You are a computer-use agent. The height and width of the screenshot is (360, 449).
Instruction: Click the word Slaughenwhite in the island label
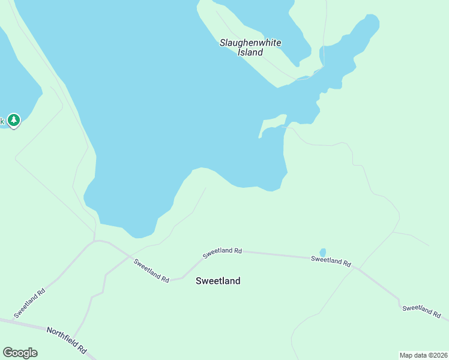[x=250, y=43]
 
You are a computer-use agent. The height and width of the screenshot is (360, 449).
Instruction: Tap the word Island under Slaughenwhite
[x=250, y=52]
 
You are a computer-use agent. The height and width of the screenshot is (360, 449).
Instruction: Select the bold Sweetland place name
[x=218, y=281]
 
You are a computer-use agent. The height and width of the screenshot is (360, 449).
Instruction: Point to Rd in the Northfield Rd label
[x=82, y=347]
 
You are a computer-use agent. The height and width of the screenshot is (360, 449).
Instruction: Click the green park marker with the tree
[x=14, y=120]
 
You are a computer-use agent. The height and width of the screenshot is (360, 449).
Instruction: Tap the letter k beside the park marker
[x=2, y=121]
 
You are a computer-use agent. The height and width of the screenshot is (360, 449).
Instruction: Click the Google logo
[x=20, y=353]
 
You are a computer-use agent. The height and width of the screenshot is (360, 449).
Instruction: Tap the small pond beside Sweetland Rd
[x=323, y=253]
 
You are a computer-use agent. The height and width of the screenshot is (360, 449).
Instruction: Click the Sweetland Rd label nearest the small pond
[x=331, y=261]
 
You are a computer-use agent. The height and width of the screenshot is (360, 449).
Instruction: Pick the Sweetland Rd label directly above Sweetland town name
[x=222, y=253]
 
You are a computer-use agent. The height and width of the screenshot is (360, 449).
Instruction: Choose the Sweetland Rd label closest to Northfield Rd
[x=31, y=303]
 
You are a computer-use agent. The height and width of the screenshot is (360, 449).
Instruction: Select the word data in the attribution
[x=421, y=355]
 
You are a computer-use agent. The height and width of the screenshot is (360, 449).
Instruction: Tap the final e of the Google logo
[x=34, y=353]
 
